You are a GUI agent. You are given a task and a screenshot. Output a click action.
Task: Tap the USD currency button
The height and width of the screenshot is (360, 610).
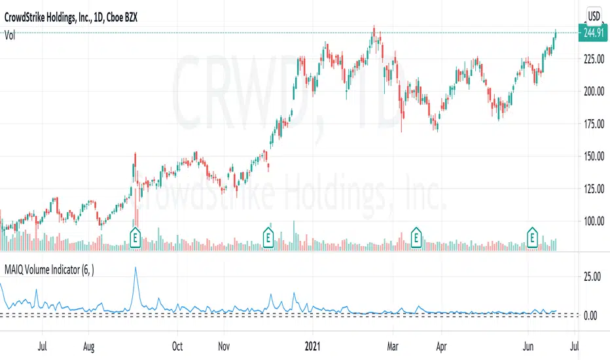(x=594, y=16)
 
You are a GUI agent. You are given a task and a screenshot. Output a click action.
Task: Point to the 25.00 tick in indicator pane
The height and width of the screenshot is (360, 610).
(x=592, y=276)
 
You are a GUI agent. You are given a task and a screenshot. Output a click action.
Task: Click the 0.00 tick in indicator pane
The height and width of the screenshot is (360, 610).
(x=592, y=315)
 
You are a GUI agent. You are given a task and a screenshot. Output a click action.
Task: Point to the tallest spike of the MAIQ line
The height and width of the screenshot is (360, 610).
(x=135, y=268)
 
